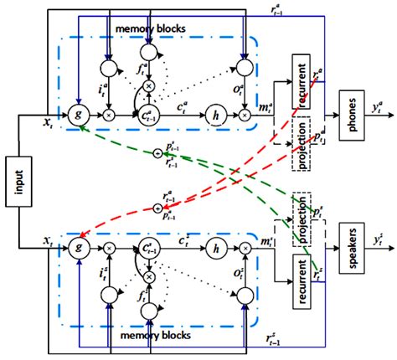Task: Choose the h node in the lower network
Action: click(x=217, y=247)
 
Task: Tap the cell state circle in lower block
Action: click(x=150, y=247)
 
